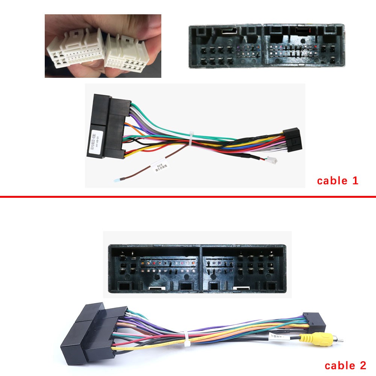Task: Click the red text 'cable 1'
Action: click(337, 181)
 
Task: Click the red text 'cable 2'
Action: click(345, 365)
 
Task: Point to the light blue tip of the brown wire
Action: click(116, 181)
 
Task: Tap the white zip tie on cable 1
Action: click(191, 138)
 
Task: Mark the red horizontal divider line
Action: click(188, 196)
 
